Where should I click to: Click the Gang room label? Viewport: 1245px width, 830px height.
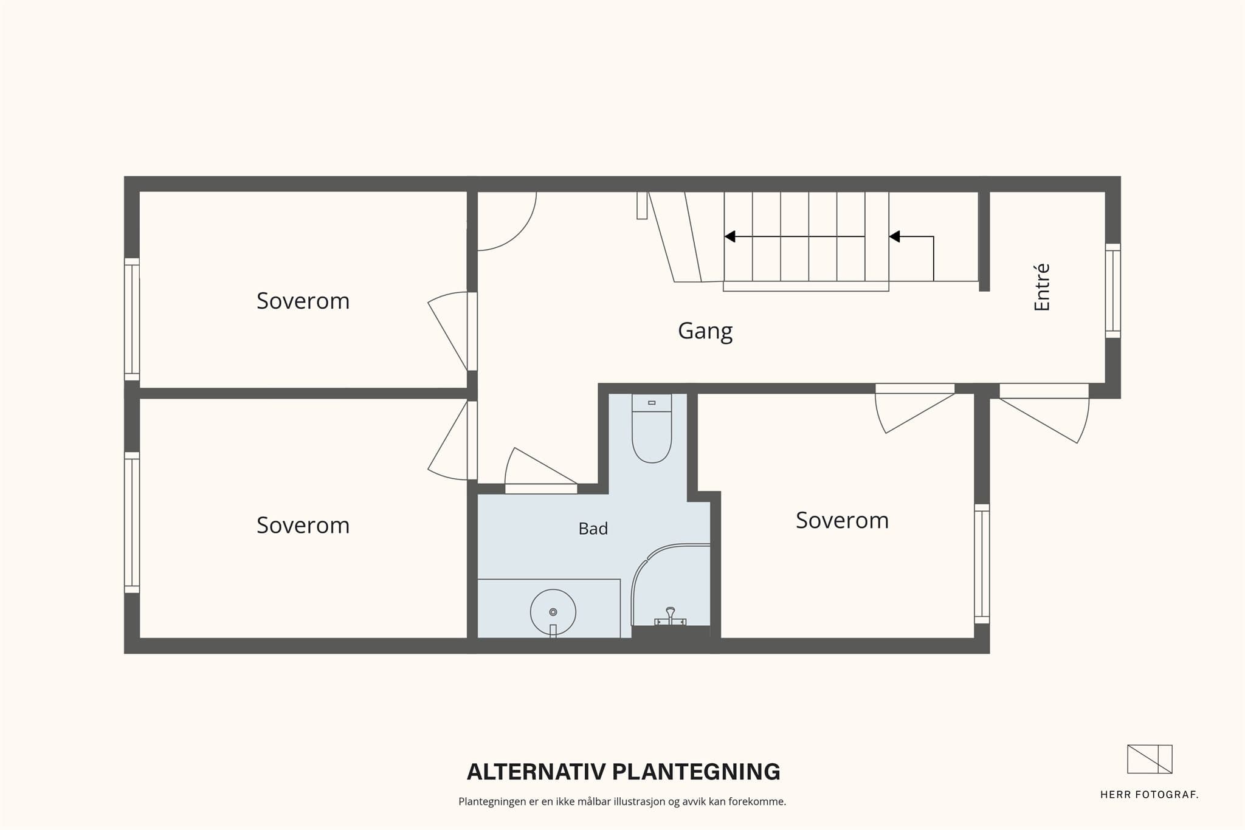pyautogui.click(x=705, y=331)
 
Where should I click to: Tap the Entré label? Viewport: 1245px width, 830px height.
pyautogui.click(x=1042, y=287)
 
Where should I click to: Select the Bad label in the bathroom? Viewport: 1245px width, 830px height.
pyautogui.click(x=593, y=529)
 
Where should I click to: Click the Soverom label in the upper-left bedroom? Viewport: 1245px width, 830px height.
pyautogui.click(x=303, y=301)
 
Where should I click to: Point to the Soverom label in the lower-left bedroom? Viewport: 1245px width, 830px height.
pyautogui.click(x=303, y=525)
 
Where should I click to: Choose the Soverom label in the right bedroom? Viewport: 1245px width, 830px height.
pyautogui.click(x=842, y=520)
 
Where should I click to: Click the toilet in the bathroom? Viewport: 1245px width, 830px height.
pyautogui.click(x=652, y=428)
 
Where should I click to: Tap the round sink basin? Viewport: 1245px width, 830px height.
pyautogui.click(x=553, y=612)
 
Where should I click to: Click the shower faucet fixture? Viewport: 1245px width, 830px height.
pyautogui.click(x=670, y=617)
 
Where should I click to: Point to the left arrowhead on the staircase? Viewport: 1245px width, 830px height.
pyautogui.click(x=730, y=236)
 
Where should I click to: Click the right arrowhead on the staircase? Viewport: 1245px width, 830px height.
pyautogui.click(x=895, y=236)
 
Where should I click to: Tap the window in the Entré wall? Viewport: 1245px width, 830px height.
pyautogui.click(x=1112, y=290)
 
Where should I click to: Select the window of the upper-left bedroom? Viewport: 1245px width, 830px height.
pyautogui.click(x=132, y=320)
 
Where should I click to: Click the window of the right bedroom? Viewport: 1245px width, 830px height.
pyautogui.click(x=982, y=564)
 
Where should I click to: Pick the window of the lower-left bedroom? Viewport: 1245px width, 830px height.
pyautogui.click(x=132, y=523)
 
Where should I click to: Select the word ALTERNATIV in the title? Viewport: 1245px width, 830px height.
pyautogui.click(x=536, y=772)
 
